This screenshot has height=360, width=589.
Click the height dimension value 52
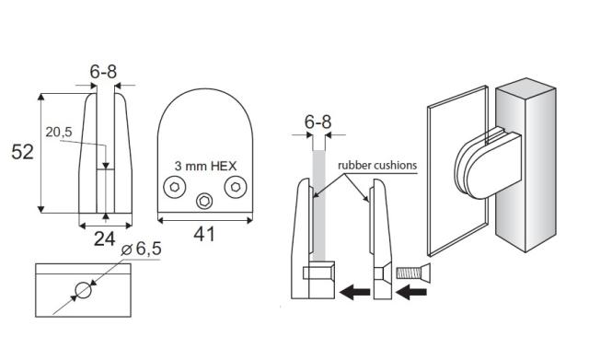(x=22, y=152)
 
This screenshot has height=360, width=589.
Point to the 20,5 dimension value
(x=58, y=133)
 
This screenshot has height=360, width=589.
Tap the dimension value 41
(x=203, y=235)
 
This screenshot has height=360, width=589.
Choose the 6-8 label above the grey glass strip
(x=318, y=122)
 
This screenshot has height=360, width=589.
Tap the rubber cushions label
(x=377, y=166)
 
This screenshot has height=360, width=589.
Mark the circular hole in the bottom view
(x=83, y=291)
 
